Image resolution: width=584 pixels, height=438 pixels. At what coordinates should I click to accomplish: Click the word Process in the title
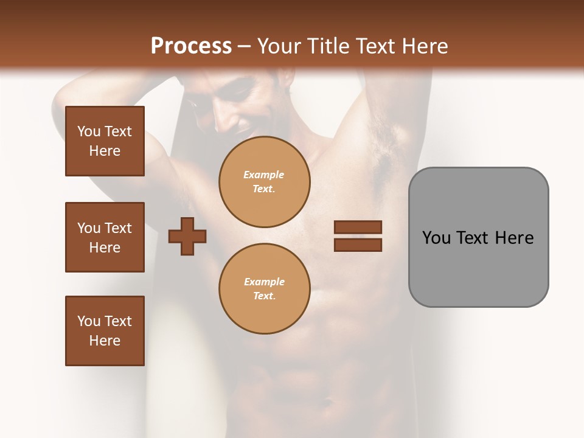pos(191,46)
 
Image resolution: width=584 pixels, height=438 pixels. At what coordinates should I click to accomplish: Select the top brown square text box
pos(105,141)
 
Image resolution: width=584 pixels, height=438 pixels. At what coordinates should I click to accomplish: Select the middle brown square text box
pos(105,237)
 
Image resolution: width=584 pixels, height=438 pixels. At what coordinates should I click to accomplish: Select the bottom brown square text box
pos(105,331)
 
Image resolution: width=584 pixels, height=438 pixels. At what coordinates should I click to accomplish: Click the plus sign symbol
pos(187,236)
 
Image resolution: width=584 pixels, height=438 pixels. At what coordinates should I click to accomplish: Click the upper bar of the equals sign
pos(358,227)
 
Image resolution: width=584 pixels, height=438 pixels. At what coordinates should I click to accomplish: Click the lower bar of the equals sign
pos(358,245)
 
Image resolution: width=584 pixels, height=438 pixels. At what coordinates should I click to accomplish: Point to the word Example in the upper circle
pos(264,175)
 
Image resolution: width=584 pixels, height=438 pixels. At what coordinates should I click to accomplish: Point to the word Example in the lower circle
pos(264,282)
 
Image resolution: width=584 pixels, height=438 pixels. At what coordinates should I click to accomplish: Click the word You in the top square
pos(88,131)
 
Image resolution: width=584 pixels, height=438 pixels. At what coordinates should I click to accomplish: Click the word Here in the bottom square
pos(105,341)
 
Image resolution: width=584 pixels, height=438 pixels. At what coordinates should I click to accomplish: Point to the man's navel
pos(328,402)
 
